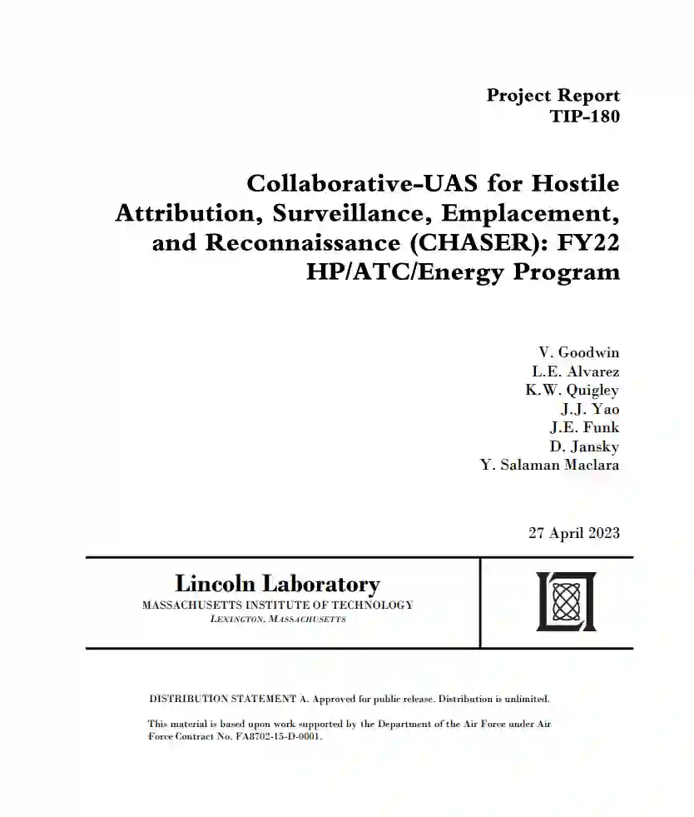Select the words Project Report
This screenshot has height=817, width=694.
553,95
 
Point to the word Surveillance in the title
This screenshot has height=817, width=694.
348,212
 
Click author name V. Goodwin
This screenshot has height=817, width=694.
579,352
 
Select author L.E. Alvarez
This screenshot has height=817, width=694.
575,371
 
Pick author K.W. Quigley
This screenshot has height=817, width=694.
572,390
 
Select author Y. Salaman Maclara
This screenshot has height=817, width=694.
549,465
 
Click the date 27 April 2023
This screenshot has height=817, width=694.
573,533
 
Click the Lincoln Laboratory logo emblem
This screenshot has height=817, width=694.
566,601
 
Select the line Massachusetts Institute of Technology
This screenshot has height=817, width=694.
277,605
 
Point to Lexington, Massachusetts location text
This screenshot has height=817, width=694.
278,620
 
